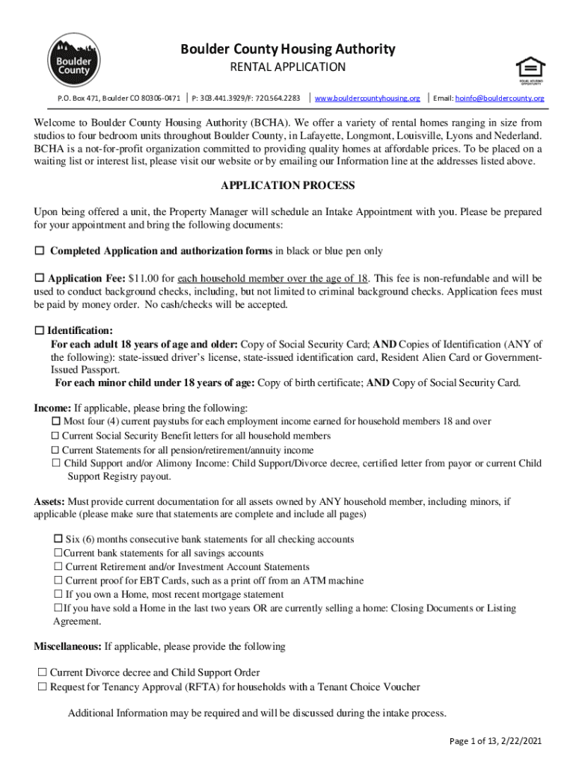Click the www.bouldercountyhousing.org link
pyautogui.click(x=367, y=98)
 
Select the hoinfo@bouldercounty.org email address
pyautogui.click(x=500, y=98)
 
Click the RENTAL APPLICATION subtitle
pyautogui.click(x=287, y=67)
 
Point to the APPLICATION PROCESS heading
pyautogui.click(x=288, y=185)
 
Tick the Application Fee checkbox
pyautogui.click(x=40, y=278)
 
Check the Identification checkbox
pyautogui.click(x=40, y=330)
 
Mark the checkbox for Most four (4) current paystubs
pyautogui.click(x=55, y=422)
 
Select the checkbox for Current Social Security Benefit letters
pyautogui.click(x=55, y=436)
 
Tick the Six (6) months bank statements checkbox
pyautogui.click(x=58, y=539)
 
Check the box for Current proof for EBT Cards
pyautogui.click(x=58, y=580)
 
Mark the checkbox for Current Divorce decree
pyautogui.click(x=42, y=673)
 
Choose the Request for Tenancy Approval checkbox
pyautogui.click(x=42, y=687)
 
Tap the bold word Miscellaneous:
pyautogui.click(x=67, y=646)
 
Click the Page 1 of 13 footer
pyautogui.click(x=495, y=741)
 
